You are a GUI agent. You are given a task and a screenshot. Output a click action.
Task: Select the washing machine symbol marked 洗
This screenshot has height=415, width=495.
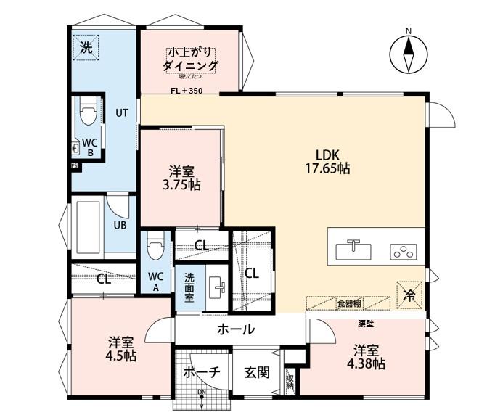tap(86, 49)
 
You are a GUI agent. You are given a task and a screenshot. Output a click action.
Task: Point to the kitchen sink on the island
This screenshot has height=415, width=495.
tap(353, 250)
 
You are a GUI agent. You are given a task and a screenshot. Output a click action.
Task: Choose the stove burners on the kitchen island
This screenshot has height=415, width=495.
tap(401, 251)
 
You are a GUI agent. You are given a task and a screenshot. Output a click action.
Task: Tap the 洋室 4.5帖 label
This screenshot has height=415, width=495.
tap(120, 348)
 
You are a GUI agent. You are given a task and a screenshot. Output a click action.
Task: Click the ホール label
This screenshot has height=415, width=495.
tap(236, 329)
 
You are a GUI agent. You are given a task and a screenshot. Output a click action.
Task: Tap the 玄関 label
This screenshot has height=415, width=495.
tap(256, 373)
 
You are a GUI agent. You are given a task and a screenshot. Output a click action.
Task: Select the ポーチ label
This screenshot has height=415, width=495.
tap(201, 373)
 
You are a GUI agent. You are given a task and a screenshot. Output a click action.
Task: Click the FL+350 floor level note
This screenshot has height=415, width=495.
tap(187, 91)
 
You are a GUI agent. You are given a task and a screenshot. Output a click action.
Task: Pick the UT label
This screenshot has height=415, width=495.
tap(121, 113)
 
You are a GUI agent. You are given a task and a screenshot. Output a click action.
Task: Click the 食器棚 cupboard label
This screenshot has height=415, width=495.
tap(348, 303)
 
